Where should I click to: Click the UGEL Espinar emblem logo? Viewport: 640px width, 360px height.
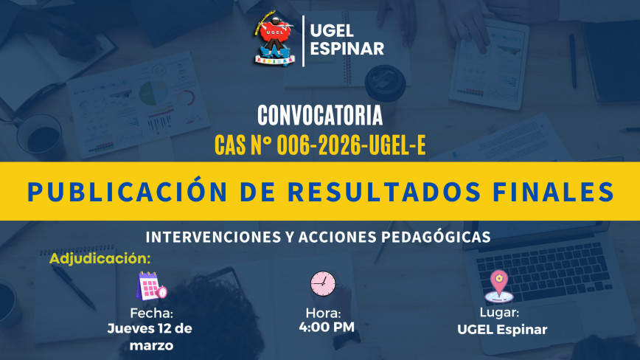[274, 39]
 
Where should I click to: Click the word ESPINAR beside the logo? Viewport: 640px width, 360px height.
[347, 49]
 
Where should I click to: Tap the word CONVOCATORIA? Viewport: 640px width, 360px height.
[320, 116]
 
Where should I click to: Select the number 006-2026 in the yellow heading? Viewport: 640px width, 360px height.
[319, 145]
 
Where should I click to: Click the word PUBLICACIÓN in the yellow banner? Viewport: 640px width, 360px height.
[127, 191]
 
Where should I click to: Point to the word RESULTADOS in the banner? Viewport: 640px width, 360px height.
[384, 191]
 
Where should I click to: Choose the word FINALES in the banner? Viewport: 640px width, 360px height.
[554, 191]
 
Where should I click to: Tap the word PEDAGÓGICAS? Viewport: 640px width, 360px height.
[436, 237]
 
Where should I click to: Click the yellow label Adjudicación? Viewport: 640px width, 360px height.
[100, 258]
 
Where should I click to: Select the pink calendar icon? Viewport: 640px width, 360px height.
[151, 285]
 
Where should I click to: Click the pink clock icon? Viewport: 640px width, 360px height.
[323, 284]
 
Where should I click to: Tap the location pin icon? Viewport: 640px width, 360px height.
[498, 285]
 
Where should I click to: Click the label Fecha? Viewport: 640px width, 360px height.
[151, 313]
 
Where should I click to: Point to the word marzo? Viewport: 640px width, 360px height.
[151, 346]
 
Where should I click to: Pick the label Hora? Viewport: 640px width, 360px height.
[323, 313]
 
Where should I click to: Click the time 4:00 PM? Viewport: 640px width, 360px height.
[327, 327]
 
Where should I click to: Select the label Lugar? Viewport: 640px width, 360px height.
[499, 313]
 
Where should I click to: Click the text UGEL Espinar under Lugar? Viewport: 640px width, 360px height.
[502, 330]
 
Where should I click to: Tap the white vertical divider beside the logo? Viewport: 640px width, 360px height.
[303, 41]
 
